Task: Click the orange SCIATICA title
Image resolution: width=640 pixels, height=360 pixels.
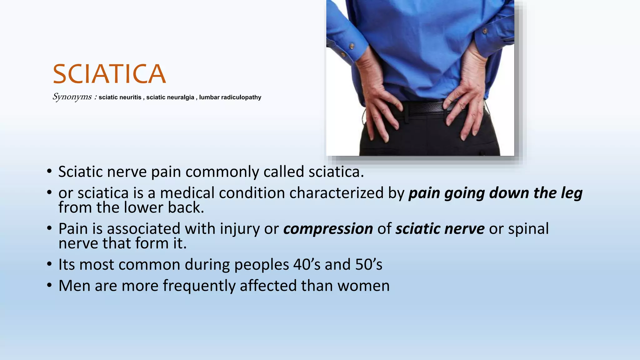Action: click(109, 74)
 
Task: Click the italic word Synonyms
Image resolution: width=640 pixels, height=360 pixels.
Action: click(72, 97)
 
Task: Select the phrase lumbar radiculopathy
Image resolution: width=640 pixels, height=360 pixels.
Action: click(230, 97)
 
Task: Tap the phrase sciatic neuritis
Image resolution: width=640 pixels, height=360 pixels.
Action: click(120, 97)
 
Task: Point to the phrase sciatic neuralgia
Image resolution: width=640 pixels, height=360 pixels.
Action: click(170, 97)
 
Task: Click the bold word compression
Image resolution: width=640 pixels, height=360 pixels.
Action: click(328, 229)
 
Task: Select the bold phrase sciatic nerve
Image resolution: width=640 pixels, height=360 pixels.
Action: click(440, 229)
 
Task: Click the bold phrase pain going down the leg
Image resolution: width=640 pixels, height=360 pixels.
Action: click(495, 193)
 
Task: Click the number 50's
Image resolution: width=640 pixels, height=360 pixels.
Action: click(369, 265)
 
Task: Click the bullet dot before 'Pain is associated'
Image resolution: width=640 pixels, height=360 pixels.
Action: click(49, 228)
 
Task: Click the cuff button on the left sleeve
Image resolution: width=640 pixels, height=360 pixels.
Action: click(352, 46)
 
